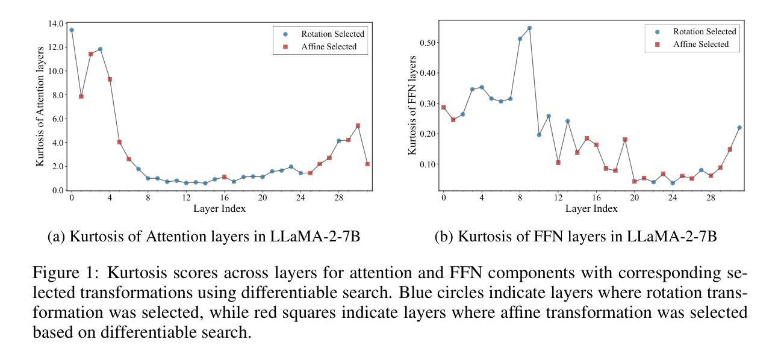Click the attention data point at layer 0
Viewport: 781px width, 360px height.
pyautogui.click(x=72, y=30)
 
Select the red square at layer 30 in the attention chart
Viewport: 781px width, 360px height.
pyautogui.click(x=358, y=126)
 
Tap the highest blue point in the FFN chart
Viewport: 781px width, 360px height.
pyautogui.click(x=529, y=28)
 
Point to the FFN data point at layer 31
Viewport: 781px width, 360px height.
pyautogui.click(x=739, y=128)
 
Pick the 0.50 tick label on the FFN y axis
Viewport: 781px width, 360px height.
pyautogui.click(x=428, y=43)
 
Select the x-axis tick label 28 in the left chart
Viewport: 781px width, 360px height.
pyautogui.click(x=339, y=197)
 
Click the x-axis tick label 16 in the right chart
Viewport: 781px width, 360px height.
pyautogui.click(x=596, y=197)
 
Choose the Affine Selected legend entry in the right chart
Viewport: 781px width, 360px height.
pyautogui.click(x=700, y=44)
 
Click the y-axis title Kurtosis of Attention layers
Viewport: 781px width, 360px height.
pyautogui.click(x=40, y=106)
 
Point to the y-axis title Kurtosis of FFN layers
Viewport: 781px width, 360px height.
pyautogui.click(x=412, y=105)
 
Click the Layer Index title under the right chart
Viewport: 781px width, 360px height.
pyautogui.click(x=591, y=209)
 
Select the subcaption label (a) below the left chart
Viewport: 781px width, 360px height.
pyautogui.click(x=56, y=236)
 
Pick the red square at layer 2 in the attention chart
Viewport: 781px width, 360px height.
pyautogui.click(x=91, y=54)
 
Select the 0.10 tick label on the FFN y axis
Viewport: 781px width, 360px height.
pyautogui.click(x=428, y=164)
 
